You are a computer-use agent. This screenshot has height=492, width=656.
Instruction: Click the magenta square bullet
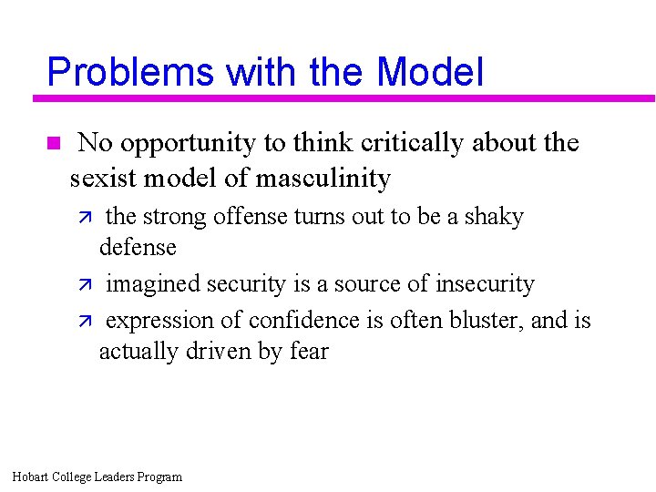(x=52, y=143)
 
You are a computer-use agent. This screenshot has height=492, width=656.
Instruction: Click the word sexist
(x=103, y=178)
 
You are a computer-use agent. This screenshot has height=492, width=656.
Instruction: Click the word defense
(x=138, y=247)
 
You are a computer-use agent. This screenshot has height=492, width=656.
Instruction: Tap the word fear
(x=310, y=351)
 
